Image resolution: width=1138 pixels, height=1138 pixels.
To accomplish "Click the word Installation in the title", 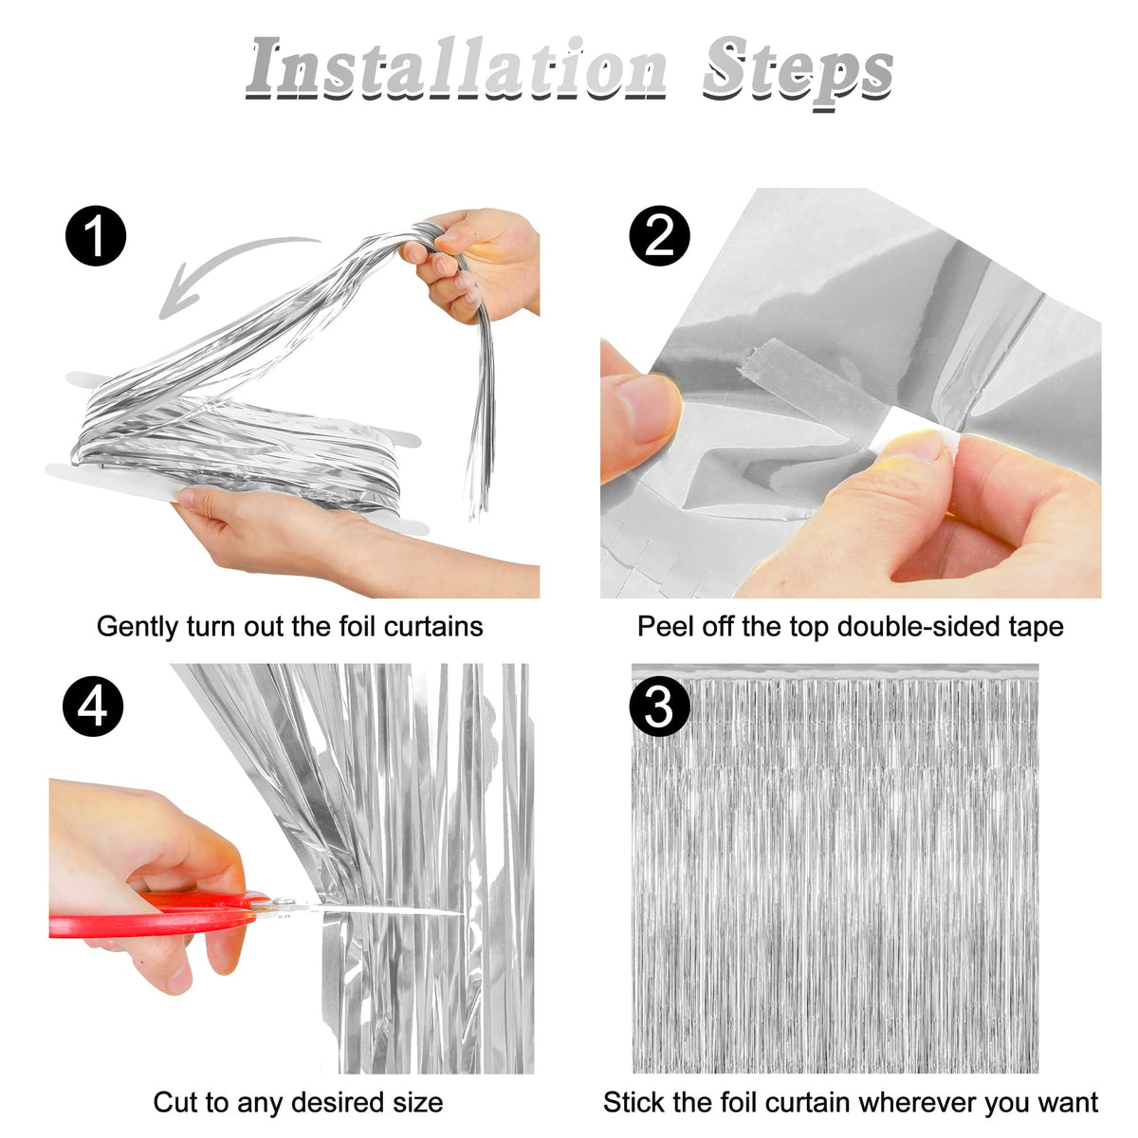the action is point(456,68).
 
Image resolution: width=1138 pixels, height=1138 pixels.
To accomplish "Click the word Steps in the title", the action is point(798,72).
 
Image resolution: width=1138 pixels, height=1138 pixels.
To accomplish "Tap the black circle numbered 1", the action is point(96,235).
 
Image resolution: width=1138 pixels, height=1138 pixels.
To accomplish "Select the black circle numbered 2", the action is point(660,235).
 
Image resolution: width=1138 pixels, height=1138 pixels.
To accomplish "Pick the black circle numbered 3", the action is point(660,707).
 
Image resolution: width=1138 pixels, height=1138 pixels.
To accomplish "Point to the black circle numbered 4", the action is point(93,707).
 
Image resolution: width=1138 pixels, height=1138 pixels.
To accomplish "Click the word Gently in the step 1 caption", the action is point(138,627).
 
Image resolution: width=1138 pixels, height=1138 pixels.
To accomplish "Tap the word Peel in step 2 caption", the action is point(665,627).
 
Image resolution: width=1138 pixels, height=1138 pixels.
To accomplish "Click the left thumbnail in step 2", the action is point(641,413).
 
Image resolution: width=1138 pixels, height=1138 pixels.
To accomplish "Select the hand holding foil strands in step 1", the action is point(472,263).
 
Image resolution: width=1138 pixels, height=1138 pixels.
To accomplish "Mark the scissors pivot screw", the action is point(285,903).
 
